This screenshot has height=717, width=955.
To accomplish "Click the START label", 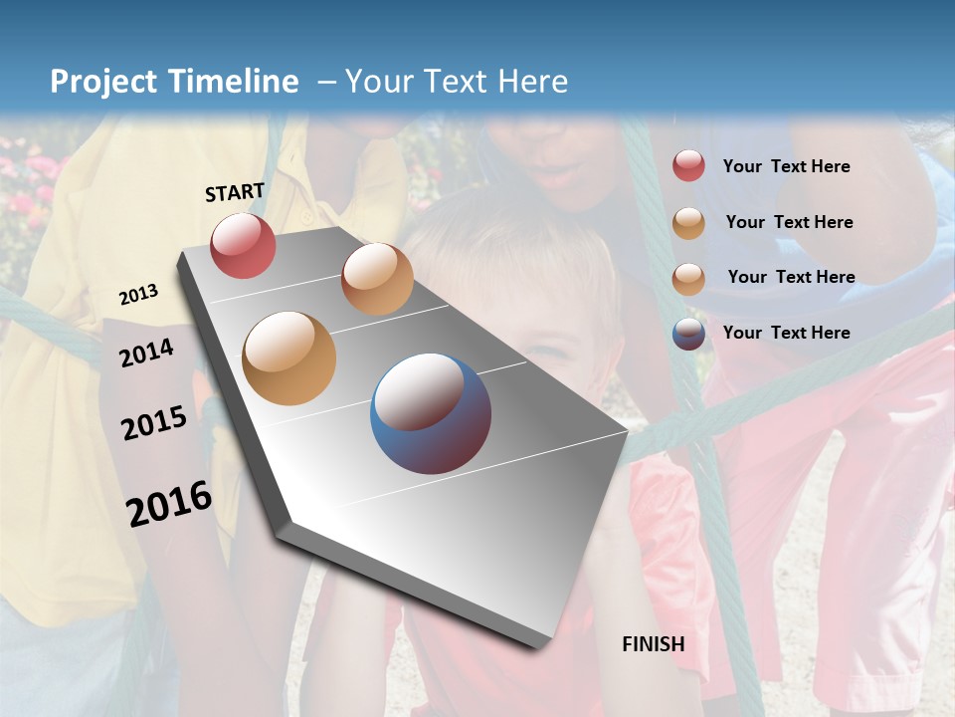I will point(235,192).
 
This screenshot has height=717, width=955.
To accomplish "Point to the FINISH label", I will point(654,644).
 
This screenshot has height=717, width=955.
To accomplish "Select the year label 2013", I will point(138,295).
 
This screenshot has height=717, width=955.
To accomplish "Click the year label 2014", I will point(147,354).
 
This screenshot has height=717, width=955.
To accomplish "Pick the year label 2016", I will point(169,504).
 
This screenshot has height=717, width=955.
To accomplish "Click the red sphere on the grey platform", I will point(243,245).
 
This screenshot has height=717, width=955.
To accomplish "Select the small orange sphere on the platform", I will point(377,279).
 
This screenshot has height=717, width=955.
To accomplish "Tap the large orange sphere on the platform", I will point(289,358).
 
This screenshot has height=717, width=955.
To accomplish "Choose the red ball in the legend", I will point(688,166).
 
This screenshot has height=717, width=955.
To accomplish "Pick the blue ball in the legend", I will point(688,334).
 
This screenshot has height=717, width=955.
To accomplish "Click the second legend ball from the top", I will point(688,223).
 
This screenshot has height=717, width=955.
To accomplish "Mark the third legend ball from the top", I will point(688,279).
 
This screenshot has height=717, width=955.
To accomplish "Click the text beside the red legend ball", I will point(786,167).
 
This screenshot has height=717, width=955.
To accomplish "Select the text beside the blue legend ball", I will point(786,333).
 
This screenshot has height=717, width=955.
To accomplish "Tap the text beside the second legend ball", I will point(789,222).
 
